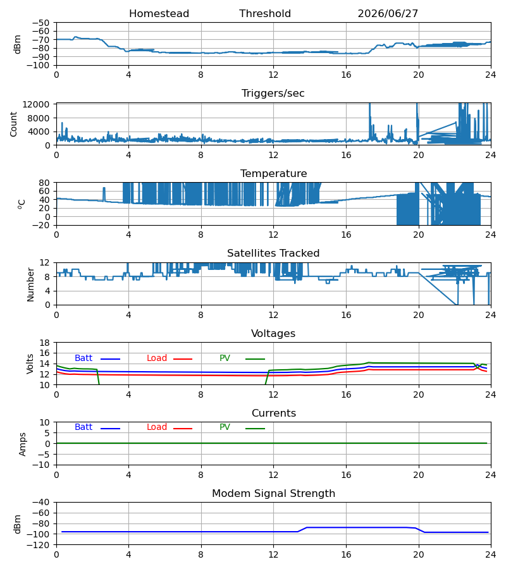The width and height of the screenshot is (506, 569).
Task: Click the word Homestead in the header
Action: click(159, 14)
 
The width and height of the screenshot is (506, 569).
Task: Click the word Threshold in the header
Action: click(265, 14)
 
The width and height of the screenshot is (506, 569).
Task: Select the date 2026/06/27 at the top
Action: click(388, 14)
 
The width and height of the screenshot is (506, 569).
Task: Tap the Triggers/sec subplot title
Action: click(273, 94)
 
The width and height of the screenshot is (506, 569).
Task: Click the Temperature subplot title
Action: click(273, 173)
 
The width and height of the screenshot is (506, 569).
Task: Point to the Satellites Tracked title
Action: click(273, 254)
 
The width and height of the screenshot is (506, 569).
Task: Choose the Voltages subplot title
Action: click(273, 333)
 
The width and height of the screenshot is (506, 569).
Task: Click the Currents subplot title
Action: click(274, 413)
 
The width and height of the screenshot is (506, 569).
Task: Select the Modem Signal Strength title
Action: click(273, 494)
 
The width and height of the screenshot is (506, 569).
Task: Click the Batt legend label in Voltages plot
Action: click(83, 358)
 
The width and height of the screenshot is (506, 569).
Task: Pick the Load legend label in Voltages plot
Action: click(157, 358)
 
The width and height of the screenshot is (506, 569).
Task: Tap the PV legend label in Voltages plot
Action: click(225, 358)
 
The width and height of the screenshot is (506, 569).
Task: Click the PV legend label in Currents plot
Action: click(225, 427)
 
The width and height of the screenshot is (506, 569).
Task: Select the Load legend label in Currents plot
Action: click(157, 427)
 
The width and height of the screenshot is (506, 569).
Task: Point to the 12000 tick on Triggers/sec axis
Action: click(36, 104)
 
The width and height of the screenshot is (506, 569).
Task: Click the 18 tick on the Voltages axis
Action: click(44, 343)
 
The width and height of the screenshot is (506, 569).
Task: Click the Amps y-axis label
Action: click(23, 444)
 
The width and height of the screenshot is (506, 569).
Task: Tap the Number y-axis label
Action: click(30, 284)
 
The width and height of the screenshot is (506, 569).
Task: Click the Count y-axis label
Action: click(14, 125)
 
